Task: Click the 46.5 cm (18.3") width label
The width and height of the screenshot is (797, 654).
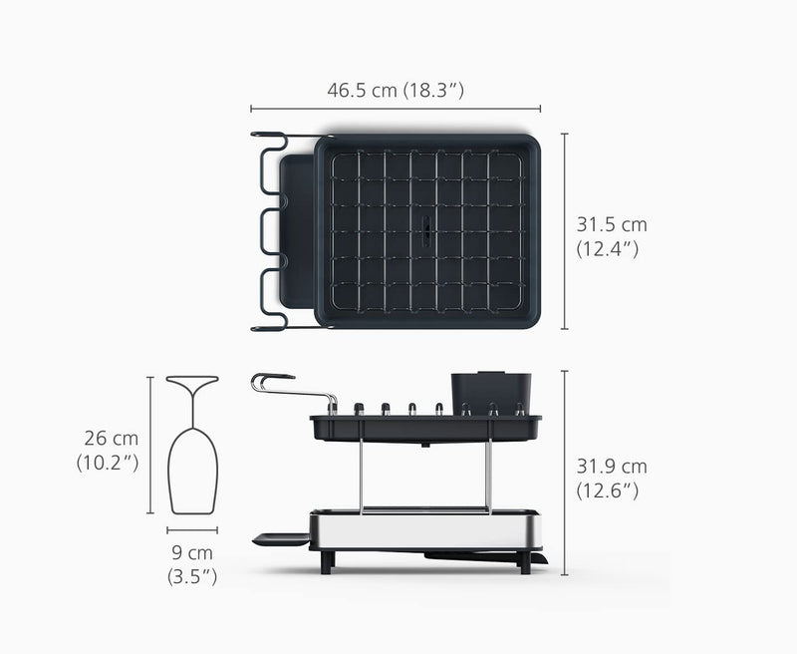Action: pos(396,90)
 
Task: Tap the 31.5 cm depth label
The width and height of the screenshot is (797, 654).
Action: pos(612,224)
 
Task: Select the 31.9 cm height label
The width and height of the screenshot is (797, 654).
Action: pos(612,466)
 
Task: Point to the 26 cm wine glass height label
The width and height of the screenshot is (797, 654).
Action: pos(112,438)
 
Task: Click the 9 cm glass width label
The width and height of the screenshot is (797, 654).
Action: pos(191,552)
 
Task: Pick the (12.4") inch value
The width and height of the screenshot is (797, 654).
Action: pos(607,249)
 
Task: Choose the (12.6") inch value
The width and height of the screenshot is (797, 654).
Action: pos(607,490)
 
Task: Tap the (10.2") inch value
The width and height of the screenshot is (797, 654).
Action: pos(107,463)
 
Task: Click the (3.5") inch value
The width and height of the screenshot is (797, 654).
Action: pos(191,576)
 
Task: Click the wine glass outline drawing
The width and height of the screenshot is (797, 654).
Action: pos(192,449)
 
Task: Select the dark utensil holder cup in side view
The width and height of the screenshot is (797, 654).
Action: pos(491,392)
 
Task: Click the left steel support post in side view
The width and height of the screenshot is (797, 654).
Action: pos(361,477)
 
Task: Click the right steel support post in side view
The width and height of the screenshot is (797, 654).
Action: pos(488,477)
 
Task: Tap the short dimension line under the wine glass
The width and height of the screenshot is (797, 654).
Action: pos(192,530)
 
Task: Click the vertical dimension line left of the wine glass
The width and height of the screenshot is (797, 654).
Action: pos(150,445)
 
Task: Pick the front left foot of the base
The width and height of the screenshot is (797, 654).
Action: pos(325,561)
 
